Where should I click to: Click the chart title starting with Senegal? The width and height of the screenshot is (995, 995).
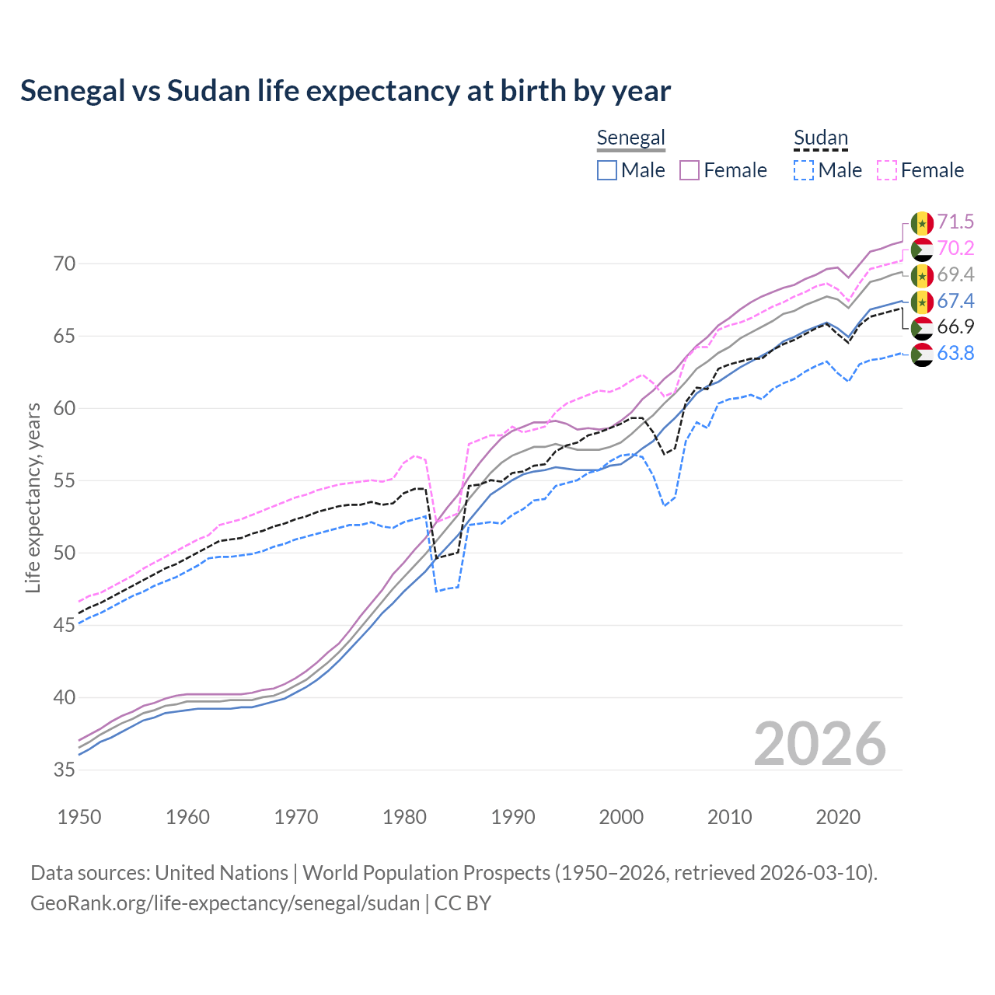point(345,91)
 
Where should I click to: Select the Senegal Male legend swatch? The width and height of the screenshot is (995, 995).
point(607,170)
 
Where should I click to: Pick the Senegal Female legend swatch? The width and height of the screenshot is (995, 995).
point(690,170)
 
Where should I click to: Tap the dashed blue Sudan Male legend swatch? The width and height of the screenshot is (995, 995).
point(804,170)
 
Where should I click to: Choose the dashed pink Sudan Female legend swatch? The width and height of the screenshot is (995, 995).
point(887,170)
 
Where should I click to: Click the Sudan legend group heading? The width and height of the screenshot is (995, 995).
point(820,138)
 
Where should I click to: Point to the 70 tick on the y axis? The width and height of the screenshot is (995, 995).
point(65,264)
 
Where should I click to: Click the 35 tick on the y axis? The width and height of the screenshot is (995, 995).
point(65,770)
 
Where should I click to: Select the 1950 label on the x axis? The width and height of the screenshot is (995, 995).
point(79,817)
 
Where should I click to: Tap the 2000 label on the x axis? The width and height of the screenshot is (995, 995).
point(621,817)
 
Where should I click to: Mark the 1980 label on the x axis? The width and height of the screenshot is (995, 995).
point(404,817)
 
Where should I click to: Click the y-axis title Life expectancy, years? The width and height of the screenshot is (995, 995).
point(33,497)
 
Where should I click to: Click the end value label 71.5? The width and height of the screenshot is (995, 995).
point(955,222)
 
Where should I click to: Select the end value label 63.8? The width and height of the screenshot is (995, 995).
point(955,354)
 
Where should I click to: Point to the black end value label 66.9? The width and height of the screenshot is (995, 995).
point(955,327)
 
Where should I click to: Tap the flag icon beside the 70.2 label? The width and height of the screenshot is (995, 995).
point(922,249)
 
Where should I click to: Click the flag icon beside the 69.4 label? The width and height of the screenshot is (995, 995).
point(922,275)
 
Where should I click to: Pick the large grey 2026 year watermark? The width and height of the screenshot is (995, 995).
point(819,744)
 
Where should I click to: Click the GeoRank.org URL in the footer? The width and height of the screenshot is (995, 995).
point(225,903)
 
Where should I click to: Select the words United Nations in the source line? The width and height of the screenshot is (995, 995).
point(222,873)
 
